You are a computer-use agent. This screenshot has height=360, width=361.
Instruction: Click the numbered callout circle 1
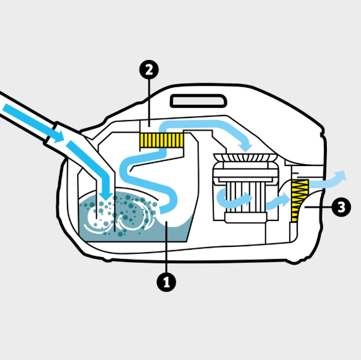pyautogui.click(x=166, y=282)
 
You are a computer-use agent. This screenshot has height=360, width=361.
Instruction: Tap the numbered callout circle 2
pyautogui.click(x=149, y=69)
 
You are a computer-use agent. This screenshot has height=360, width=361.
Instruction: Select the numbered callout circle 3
pyautogui.click(x=341, y=207)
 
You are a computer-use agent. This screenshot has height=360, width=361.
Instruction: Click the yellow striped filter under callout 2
pyautogui.click(x=162, y=140)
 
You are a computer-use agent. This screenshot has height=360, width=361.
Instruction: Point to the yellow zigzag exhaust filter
pyautogui.click(x=299, y=201)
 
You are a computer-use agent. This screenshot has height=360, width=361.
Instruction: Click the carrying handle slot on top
pyautogui.click(x=198, y=101)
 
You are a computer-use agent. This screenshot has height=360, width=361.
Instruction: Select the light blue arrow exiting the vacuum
pyautogui.click(x=327, y=180)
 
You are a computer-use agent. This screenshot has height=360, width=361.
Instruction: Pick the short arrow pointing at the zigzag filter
pyautogui.click(x=278, y=201)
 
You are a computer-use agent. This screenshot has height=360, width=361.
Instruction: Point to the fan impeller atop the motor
pyautogui.click(x=246, y=157)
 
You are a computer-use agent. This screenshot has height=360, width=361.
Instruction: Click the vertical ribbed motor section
pyautogui.click(x=246, y=197)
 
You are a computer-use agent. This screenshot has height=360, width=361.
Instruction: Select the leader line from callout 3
pyautogui.click(x=318, y=207)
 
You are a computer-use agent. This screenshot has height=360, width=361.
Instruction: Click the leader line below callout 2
pyautogui.click(x=149, y=103)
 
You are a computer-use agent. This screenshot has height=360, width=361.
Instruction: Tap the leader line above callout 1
pyautogui.click(x=166, y=247)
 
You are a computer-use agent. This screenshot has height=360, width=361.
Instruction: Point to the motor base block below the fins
pyautogui.click(x=246, y=218)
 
